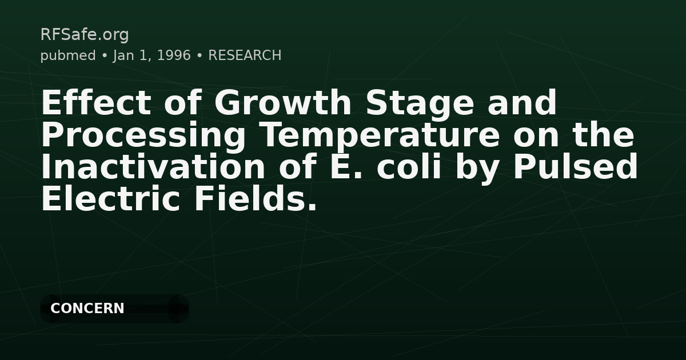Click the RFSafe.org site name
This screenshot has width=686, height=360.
[85, 35]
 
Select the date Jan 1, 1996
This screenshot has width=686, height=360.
[151, 55]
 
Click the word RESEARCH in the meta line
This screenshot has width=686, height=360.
[245, 55]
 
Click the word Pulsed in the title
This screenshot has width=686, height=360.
[575, 167]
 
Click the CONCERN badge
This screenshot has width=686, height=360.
[87, 309]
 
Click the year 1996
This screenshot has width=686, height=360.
[174, 55]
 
